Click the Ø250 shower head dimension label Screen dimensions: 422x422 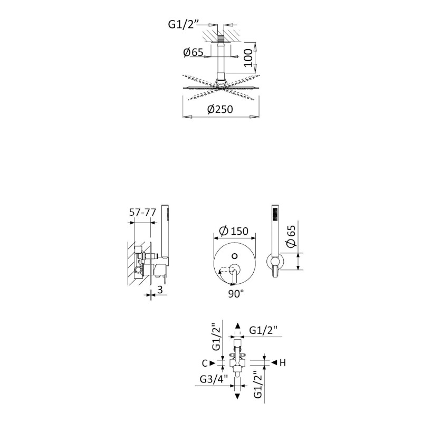coord(220,109)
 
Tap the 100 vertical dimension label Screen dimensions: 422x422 coord(248,58)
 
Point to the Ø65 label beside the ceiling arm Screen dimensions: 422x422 coord(193,52)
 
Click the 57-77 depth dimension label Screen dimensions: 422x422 coord(142,213)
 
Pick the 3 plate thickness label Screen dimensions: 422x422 coord(160,290)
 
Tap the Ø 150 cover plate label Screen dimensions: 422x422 coord(233,231)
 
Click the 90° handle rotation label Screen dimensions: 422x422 coord(236,294)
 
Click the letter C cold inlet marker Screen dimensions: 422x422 coord(205,363)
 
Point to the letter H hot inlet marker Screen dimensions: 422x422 coord(282,363)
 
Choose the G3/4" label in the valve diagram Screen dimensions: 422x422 coord(214,379)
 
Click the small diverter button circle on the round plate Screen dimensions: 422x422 coord(234,256)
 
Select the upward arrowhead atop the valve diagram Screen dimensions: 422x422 coord(237,325)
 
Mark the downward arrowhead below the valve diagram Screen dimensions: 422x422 coord(237,396)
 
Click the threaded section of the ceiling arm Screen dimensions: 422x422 coord(220,39)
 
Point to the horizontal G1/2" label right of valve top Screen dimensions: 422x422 coord(263,330)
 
